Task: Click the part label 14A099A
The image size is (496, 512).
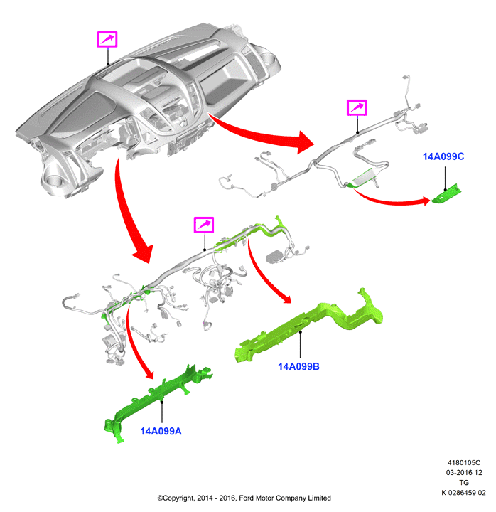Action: click(x=161, y=431)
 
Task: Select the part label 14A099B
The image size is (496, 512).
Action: click(x=298, y=366)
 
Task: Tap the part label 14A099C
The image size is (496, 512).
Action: click(x=443, y=156)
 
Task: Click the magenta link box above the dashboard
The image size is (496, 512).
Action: click(x=107, y=40)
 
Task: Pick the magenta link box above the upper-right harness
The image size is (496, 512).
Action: click(x=357, y=107)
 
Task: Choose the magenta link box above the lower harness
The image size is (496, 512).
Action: click(x=204, y=225)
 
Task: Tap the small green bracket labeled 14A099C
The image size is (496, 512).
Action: click(x=446, y=193)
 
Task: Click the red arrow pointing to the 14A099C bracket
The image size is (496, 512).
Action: click(x=392, y=201)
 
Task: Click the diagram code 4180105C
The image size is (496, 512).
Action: click(x=464, y=463)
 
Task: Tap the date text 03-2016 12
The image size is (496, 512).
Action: click(x=464, y=472)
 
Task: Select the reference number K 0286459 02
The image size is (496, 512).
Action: click(x=464, y=492)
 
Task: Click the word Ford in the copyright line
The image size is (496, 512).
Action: click(x=247, y=498)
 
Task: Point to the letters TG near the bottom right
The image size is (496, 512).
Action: click(x=464, y=482)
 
